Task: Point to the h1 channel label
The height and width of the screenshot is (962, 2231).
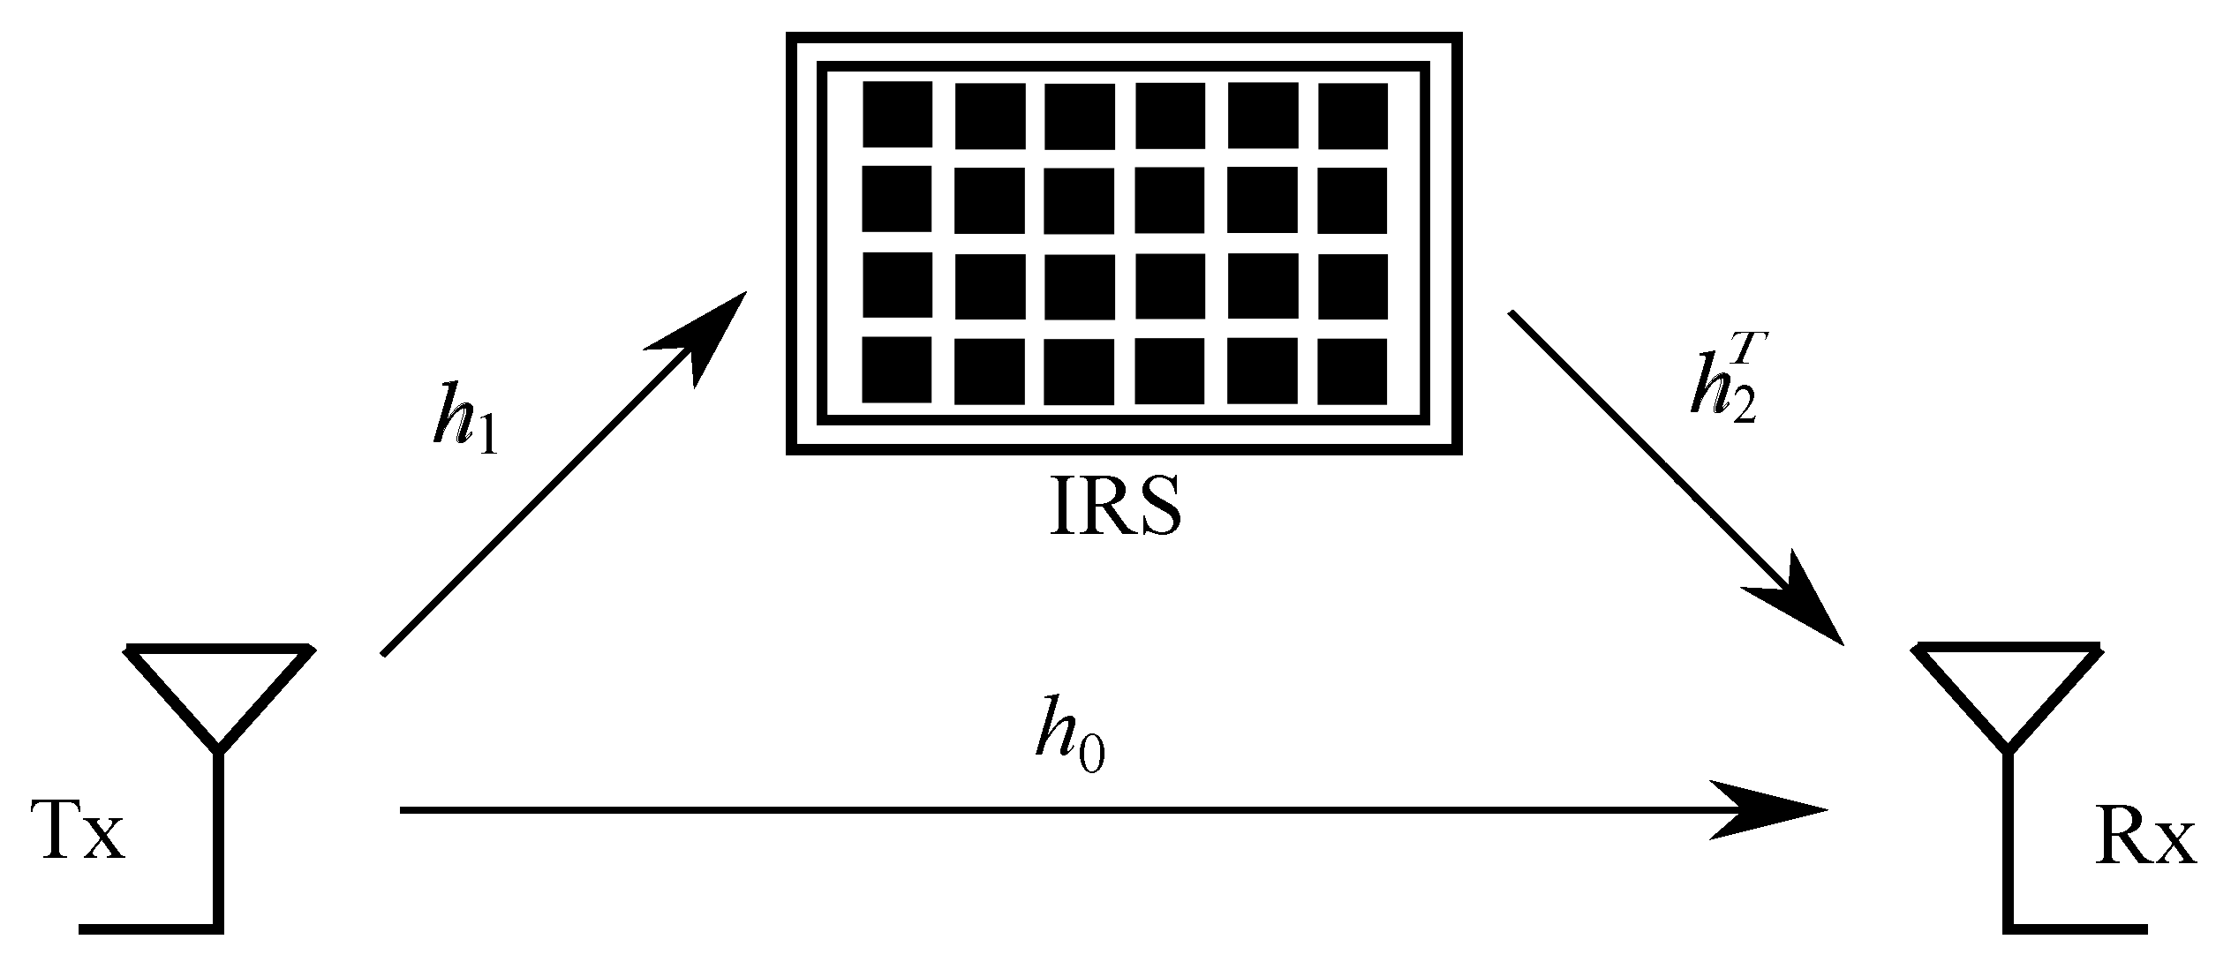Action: pos(464,423)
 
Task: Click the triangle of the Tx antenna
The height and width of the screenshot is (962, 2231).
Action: pos(219,688)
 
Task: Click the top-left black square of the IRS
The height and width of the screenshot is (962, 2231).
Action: pos(897,114)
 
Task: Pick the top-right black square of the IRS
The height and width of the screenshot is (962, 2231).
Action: pos(1352,116)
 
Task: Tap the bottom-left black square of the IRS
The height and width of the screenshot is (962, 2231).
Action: pos(897,369)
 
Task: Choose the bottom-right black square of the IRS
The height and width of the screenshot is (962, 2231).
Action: pos(1352,371)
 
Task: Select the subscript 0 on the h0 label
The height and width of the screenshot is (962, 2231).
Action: pos(1091,757)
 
